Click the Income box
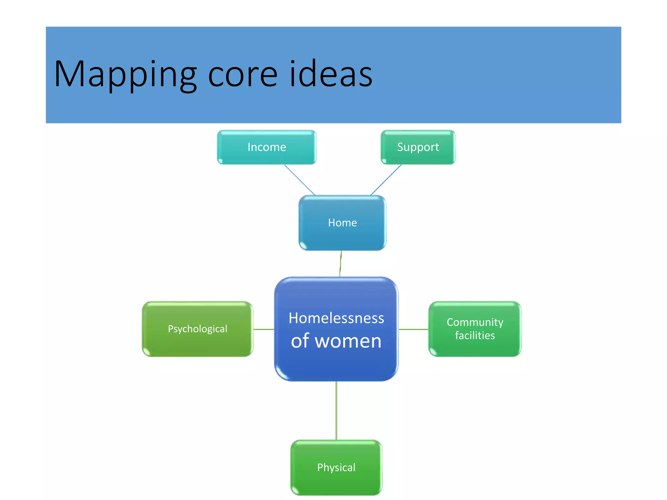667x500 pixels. (266, 147)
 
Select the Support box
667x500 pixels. (418, 147)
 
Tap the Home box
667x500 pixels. (342, 223)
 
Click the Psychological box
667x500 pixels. (197, 329)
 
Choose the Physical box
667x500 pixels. (336, 467)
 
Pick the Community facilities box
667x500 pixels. (475, 329)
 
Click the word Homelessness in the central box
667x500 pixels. (336, 318)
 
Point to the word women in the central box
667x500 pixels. (348, 341)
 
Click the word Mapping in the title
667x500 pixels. (125, 74)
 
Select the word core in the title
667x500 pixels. (243, 74)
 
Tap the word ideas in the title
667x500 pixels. (331, 74)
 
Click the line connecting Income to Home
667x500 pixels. (300, 180)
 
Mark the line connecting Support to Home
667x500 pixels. (386, 180)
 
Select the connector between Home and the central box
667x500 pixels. (341, 264)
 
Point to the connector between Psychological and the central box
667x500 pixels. (264, 329)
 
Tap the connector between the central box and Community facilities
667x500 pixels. (414, 329)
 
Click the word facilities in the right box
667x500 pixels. (475, 336)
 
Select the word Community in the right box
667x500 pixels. (475, 322)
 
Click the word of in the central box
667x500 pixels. (300, 341)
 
